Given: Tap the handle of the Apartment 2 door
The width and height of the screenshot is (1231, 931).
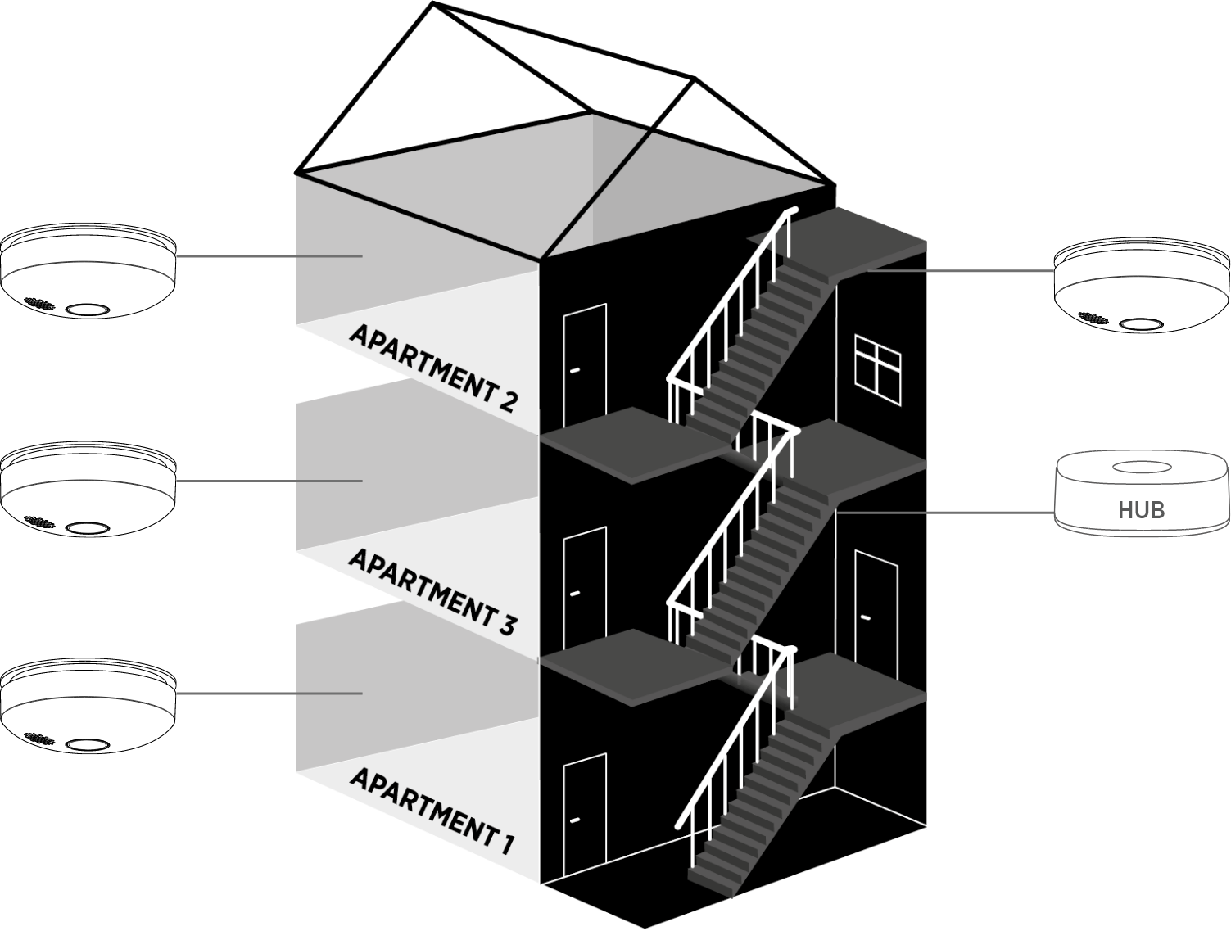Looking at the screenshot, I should point(574,371).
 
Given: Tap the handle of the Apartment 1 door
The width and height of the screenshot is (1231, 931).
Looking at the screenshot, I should point(574,819).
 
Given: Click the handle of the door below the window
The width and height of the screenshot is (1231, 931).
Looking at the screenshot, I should point(865,617).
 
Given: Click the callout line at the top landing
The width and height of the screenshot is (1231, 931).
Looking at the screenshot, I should point(958,270).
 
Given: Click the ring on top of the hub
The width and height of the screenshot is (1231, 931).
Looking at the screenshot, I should point(1142,468).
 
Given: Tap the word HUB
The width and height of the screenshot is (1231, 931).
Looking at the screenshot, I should point(1142,510).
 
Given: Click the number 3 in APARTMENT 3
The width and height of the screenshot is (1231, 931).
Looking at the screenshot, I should point(505,626).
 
